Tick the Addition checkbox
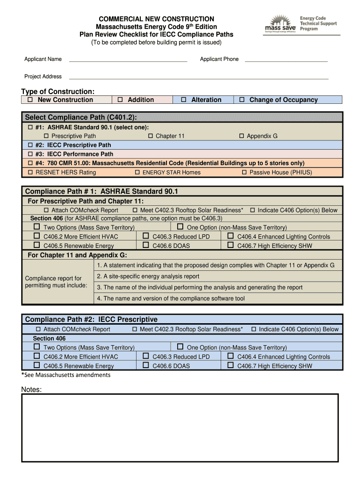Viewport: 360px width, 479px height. [x=120, y=100]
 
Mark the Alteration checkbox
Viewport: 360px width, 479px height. [x=184, y=100]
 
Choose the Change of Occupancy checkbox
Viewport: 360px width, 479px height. [x=242, y=100]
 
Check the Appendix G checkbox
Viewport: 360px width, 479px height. [x=242, y=136]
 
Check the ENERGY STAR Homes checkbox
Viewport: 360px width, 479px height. [x=137, y=173]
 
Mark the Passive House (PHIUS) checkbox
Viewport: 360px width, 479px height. [x=244, y=173]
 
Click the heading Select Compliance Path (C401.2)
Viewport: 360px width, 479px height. [x=81, y=117]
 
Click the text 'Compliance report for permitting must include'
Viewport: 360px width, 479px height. [x=55, y=282]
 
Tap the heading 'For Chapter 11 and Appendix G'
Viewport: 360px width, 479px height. [x=77, y=255]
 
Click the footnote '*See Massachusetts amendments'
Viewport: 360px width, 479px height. [x=66, y=375]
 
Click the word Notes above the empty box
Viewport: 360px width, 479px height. [x=31, y=390]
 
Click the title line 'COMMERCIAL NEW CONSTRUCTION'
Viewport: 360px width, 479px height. [x=153, y=19]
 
